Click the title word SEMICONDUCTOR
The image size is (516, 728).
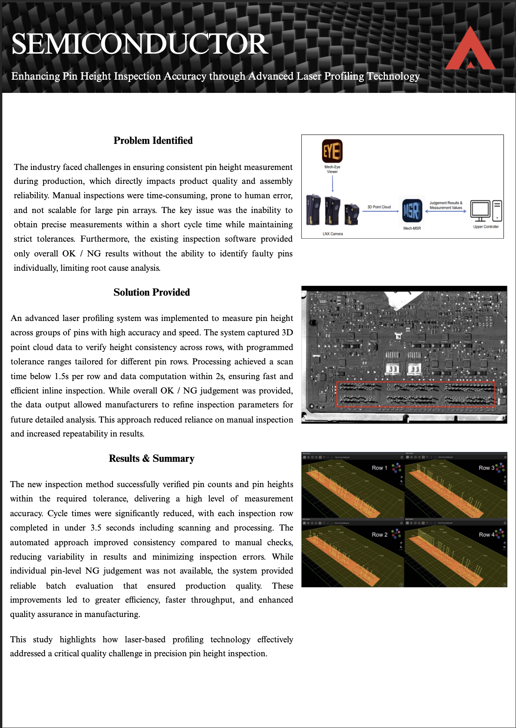140,44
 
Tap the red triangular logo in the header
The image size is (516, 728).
470,49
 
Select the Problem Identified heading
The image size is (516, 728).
153,140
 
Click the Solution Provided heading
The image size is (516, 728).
151,292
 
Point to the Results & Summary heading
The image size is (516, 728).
151,458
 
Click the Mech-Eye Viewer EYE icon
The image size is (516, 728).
332,151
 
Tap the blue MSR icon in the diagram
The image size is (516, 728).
412,210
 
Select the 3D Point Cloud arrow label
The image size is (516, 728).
379,207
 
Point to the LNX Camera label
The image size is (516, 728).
333,234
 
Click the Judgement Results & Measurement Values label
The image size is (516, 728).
446,205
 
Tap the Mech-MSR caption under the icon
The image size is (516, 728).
412,228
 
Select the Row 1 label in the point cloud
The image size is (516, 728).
379,468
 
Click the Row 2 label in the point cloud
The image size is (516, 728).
379,535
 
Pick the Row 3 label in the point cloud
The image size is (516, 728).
486,468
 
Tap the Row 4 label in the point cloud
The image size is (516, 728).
486,535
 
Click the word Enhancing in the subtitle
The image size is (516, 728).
36,76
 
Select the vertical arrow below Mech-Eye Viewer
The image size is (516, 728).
332,184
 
